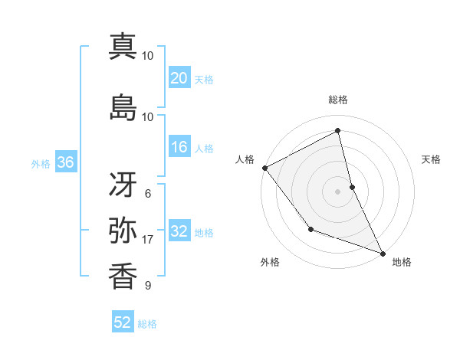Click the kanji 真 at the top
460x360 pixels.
tap(123, 47)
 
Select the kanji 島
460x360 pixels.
tap(123, 108)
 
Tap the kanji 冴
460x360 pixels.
tap(123, 182)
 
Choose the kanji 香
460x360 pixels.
tap(123, 275)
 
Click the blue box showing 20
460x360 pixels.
tap(179, 77)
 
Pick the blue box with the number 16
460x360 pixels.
tap(179, 148)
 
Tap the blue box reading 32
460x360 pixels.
tap(179, 231)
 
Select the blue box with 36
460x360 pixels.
tap(65, 162)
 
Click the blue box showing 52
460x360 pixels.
tap(123, 322)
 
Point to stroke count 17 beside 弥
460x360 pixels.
tap(147, 240)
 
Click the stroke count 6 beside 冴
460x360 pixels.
tap(147, 194)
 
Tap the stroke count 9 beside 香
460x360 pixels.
tap(147, 286)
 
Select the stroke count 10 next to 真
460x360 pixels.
tap(147, 56)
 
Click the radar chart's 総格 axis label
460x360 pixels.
tap(338, 100)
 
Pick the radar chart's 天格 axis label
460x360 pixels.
tap(432, 159)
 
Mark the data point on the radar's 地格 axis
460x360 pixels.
tap(383, 253)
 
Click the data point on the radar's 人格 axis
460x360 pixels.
tap(264, 168)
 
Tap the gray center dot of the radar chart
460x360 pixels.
tap(338, 191)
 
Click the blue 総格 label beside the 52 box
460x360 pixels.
tap(147, 324)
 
